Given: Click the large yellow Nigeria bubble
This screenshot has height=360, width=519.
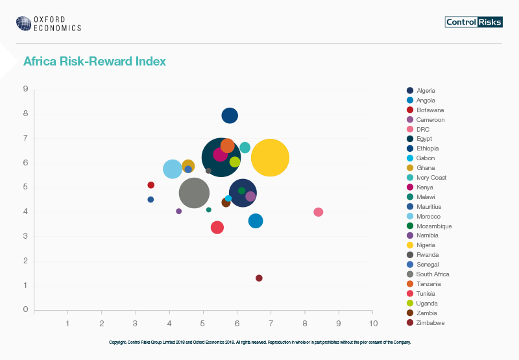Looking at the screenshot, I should click(270, 158).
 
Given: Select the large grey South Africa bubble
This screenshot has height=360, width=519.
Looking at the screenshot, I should click(194, 193).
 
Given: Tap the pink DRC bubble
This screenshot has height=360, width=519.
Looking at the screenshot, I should click(318, 212).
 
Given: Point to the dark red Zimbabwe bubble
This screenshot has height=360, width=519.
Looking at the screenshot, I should click(259, 278).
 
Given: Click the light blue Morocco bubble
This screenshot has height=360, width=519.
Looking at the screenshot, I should click(172, 169).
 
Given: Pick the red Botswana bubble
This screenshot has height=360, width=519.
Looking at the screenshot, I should click(151, 185).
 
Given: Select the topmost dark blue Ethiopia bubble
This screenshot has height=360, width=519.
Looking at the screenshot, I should click(230, 116).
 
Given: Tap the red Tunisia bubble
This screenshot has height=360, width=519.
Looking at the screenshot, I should click(217, 227).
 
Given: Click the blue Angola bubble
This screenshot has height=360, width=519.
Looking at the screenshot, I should click(256, 221).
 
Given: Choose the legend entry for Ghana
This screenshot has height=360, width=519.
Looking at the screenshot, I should click(426, 168).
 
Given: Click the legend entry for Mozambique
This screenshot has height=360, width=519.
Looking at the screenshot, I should click(433, 226).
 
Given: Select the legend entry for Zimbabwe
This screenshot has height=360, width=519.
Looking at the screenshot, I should click(430, 322).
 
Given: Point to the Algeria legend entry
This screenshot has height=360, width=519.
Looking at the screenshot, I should click(426, 91).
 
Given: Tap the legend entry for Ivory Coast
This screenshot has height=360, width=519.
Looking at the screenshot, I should click(431, 178).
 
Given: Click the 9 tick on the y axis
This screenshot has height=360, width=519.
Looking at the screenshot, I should click(25, 89).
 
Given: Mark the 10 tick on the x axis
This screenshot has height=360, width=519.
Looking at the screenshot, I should click(372, 322).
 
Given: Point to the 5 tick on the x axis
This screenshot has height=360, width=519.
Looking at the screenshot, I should click(203, 322).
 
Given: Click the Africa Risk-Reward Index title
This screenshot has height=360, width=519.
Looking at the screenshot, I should click(95, 62).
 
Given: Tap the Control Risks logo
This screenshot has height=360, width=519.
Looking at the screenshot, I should click(473, 22).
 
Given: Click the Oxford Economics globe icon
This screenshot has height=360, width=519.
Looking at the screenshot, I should click(23, 23).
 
